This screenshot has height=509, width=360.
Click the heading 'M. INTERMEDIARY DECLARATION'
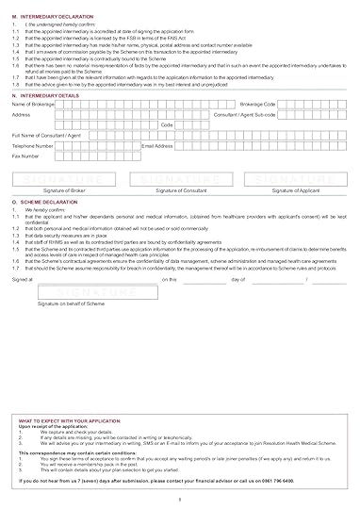53,17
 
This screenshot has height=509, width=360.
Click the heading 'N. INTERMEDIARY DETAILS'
47,96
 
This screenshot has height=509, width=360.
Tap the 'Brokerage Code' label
258,105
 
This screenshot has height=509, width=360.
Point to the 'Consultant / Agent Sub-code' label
244,114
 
